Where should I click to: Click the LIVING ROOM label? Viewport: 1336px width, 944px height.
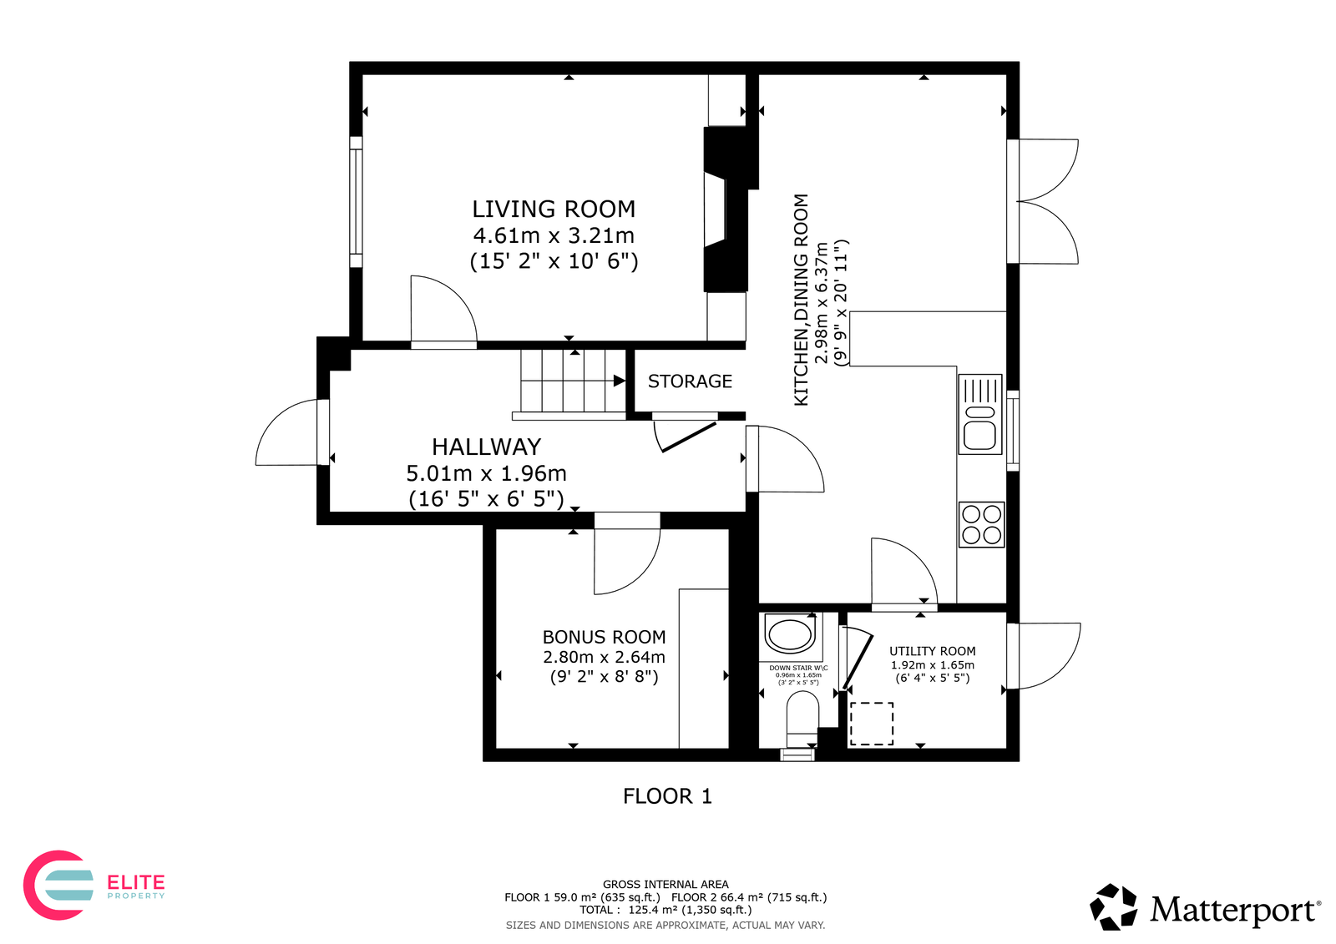(x=554, y=209)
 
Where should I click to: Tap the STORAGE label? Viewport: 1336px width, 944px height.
(x=690, y=381)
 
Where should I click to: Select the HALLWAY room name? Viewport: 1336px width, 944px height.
(x=486, y=447)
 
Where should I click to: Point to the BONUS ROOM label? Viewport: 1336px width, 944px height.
(x=604, y=637)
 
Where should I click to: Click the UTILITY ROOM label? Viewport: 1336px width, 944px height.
(x=932, y=651)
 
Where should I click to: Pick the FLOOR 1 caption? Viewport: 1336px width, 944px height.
(x=667, y=796)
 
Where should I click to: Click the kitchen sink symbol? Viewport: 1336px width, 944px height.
(x=980, y=415)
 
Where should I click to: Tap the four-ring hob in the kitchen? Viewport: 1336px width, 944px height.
(x=981, y=525)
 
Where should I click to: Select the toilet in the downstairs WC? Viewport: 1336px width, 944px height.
(x=802, y=719)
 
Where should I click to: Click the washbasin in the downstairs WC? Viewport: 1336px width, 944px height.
(x=790, y=634)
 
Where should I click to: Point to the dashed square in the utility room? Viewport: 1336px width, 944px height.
(x=872, y=724)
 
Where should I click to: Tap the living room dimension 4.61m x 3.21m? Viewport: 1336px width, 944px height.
(x=554, y=235)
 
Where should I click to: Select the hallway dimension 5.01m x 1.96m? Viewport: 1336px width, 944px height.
(x=486, y=473)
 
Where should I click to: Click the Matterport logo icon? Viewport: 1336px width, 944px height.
(x=1113, y=906)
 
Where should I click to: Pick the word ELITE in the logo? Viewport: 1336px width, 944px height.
(x=135, y=882)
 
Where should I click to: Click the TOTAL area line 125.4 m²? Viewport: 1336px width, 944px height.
(x=665, y=910)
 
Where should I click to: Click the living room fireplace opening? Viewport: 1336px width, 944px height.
(x=715, y=209)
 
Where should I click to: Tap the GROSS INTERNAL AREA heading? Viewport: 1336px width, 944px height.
(x=665, y=885)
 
